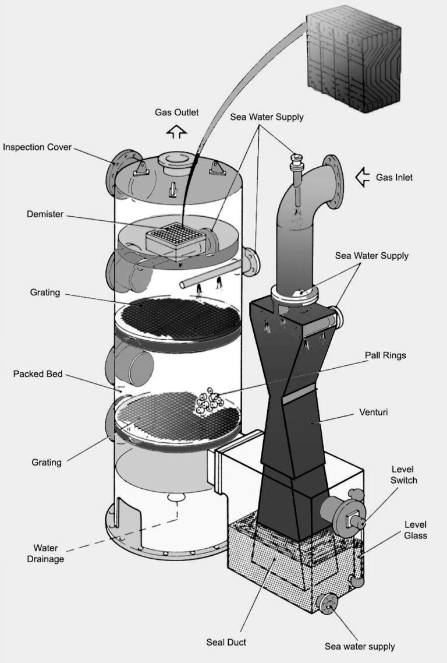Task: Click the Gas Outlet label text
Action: (x=176, y=112)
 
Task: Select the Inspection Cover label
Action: (x=37, y=147)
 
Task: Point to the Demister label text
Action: (x=44, y=214)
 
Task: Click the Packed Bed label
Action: (x=37, y=373)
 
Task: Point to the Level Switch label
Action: (x=404, y=474)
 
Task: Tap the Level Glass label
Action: (x=416, y=530)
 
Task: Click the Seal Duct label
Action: (x=226, y=642)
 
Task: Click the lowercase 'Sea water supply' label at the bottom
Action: (x=360, y=646)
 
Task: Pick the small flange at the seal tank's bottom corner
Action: (x=329, y=606)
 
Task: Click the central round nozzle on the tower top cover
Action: (x=174, y=160)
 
